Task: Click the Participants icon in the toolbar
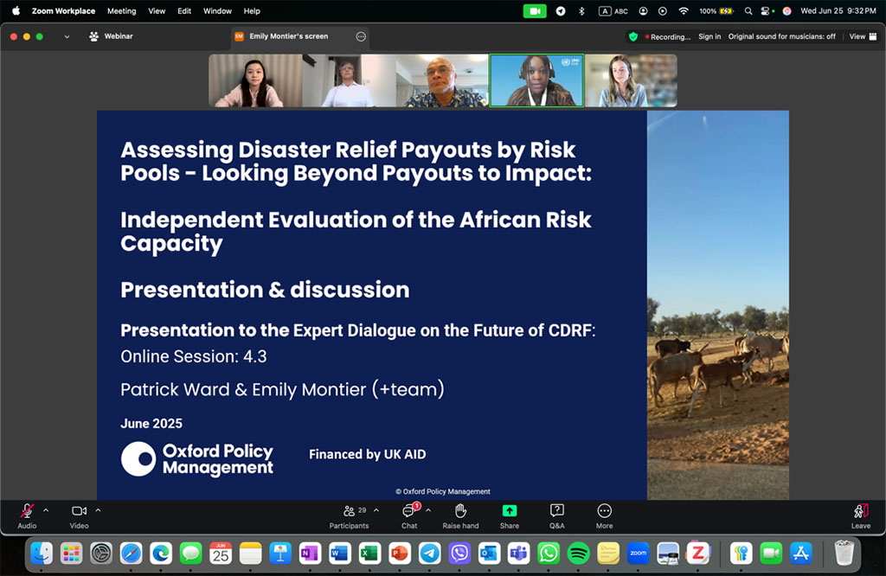(350, 511)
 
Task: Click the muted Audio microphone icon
(27, 510)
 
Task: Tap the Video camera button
(79, 510)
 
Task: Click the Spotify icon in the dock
(578, 554)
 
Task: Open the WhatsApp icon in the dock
(548, 554)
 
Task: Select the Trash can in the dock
(844, 553)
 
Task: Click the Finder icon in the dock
(42, 554)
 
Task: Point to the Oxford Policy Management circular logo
(138, 458)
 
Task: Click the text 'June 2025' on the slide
(151, 424)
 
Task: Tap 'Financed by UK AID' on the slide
(367, 454)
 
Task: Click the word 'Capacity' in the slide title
(172, 244)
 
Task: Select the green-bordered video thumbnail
(536, 80)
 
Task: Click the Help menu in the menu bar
(252, 10)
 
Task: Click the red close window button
(14, 36)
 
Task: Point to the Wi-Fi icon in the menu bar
(684, 10)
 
